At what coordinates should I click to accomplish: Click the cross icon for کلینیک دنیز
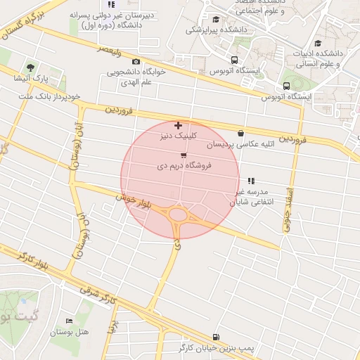click(178, 125)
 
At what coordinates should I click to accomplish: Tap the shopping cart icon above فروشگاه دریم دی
click(184, 155)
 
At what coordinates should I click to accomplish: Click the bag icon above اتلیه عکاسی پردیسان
click(241, 133)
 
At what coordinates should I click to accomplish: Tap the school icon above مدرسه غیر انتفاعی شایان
click(251, 181)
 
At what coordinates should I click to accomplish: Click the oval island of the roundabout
click(178, 214)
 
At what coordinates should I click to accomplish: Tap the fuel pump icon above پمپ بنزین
click(214, 336)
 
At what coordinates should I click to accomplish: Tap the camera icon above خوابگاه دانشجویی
click(136, 61)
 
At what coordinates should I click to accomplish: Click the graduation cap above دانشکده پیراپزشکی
click(215, 20)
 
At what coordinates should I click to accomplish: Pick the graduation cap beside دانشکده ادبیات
click(319, 43)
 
